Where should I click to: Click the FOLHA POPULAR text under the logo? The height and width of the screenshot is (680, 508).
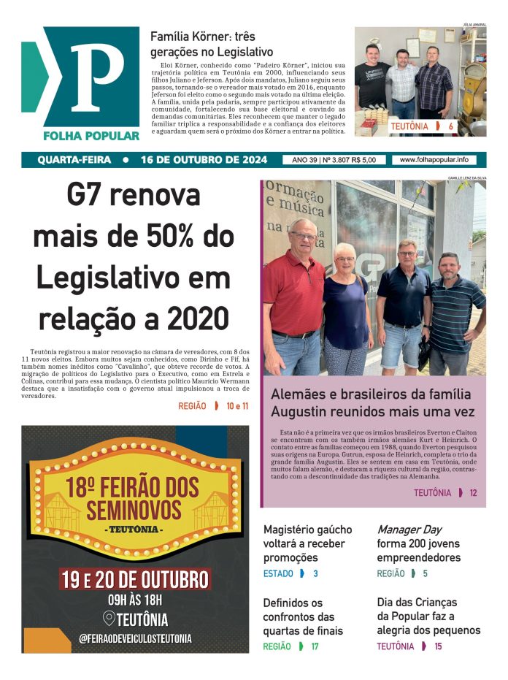91,136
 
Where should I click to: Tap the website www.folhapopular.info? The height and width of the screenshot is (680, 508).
434,160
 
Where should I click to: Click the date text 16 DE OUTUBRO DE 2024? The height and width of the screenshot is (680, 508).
204,160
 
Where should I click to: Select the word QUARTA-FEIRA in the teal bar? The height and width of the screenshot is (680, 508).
74,160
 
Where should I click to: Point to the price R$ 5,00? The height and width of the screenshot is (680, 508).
363,160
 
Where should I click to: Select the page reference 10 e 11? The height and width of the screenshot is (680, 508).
237,406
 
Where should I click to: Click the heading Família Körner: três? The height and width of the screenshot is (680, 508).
202,36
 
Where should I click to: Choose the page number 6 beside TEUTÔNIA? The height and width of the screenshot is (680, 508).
451,126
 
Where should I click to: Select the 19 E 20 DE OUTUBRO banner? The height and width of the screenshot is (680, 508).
135,580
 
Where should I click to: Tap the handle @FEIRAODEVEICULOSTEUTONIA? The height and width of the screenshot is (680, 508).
136,638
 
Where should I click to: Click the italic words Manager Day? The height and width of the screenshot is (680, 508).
409,530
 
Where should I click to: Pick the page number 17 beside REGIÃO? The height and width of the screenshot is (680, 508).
315,646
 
